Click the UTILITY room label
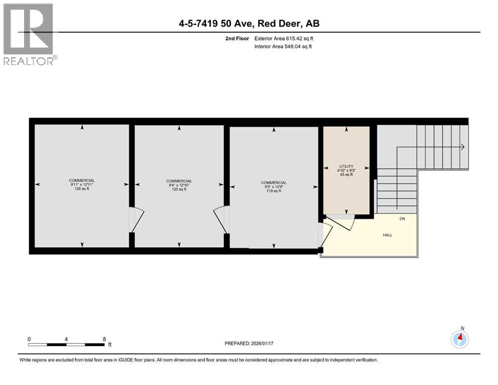pyautogui.click(x=346, y=166)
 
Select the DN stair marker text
pyautogui.click(x=402, y=219)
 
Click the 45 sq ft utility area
pyautogui.click(x=346, y=175)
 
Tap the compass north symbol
pyautogui.click(x=460, y=339)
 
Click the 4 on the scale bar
pyautogui.click(x=66, y=338)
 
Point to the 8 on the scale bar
pyautogui.click(x=104, y=338)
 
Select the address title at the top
pyautogui.click(x=249, y=24)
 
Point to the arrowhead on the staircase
pyautogui.click(x=462, y=147)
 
